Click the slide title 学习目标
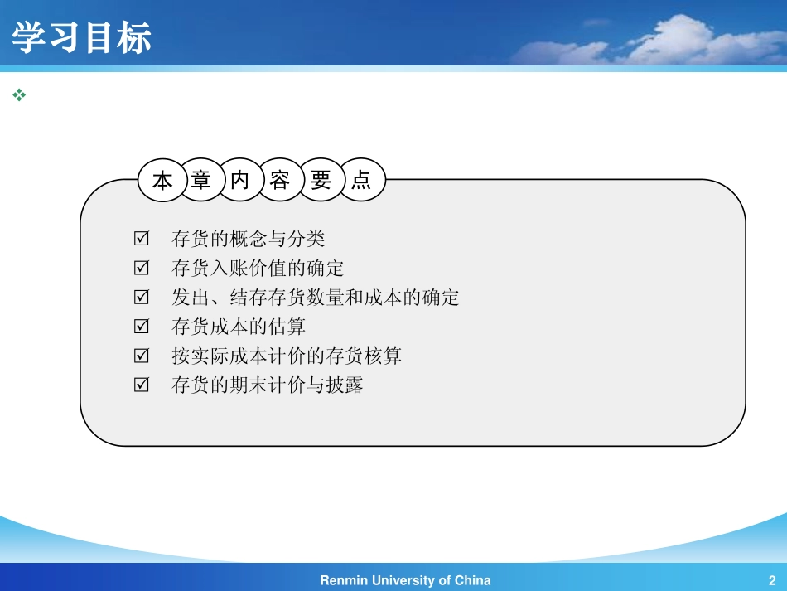tap(81, 38)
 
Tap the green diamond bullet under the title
tap(19, 96)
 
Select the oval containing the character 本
tap(163, 180)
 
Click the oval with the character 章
tap(201, 180)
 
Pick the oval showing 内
tap(240, 180)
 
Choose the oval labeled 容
tap(280, 180)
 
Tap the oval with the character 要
tap(321, 180)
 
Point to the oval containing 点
tap(361, 180)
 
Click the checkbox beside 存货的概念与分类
tap(141, 239)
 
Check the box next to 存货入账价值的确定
tap(141, 268)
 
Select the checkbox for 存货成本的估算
tap(141, 327)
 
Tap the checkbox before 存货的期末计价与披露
tap(141, 385)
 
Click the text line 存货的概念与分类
tap(248, 239)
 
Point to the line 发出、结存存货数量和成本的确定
tap(315, 298)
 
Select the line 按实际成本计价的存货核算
tap(286, 356)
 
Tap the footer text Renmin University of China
tap(405, 580)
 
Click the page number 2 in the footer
tap(771, 580)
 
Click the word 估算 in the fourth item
tap(287, 327)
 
